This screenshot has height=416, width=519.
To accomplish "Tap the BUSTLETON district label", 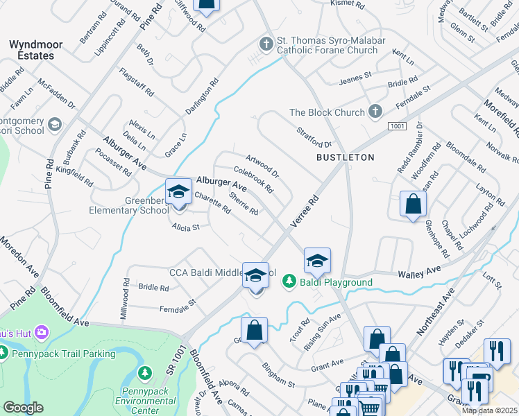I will coord(345,157).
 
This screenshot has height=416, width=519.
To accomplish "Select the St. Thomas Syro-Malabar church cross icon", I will coord(265,44).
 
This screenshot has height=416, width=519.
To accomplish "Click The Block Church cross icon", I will coord(375,112).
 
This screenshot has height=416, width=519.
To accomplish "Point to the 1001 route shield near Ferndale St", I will coord(397,125).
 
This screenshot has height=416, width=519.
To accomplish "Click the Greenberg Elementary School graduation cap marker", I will coord(178,192).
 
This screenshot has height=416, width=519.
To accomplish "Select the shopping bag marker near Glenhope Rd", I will coord(413,205).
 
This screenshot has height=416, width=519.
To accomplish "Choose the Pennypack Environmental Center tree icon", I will coord(145,374).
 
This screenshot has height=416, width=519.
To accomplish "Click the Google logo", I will coord(23,408).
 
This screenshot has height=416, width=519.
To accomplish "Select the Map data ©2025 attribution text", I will coord(489,410).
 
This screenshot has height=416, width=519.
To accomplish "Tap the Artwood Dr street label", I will coord(262,166).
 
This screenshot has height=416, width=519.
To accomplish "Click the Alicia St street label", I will coord(186,226).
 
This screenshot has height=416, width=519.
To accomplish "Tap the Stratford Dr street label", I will coord(314,137).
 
